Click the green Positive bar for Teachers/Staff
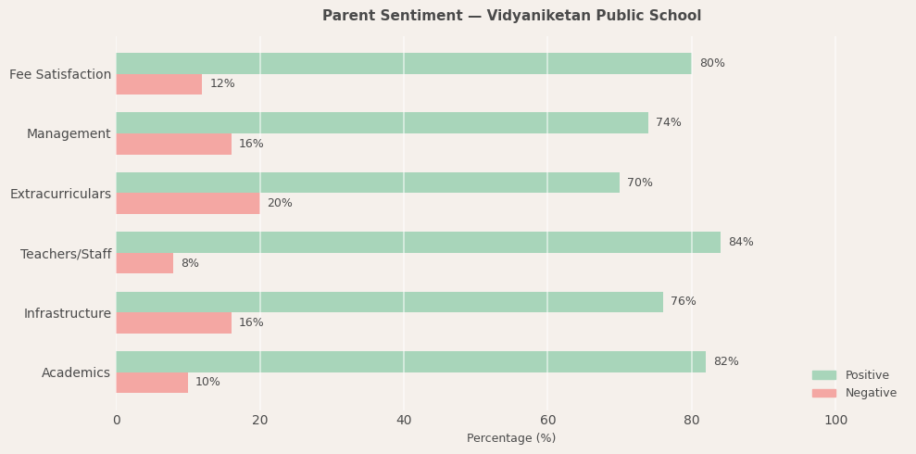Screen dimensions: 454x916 [418, 243]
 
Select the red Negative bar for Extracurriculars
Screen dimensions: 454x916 [188, 204]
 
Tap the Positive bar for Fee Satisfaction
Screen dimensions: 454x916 [404, 64]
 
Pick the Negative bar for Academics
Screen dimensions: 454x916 [152, 383]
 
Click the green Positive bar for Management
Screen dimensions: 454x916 [382, 123]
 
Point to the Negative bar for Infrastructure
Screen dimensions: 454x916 [173, 323]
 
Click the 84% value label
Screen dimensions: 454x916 [740, 243]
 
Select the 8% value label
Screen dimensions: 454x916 [190, 264]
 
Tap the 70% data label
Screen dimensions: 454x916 [639, 183]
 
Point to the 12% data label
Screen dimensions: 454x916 [222, 84]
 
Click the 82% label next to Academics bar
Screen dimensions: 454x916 [725, 362]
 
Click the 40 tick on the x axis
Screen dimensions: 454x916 [404, 421]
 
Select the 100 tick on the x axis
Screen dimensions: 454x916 [835, 421]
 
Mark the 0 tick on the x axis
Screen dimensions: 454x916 [117, 421]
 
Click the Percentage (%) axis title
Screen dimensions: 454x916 [511, 439]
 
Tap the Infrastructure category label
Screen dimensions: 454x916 [67, 314]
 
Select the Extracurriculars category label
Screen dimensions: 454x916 [60, 195]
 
